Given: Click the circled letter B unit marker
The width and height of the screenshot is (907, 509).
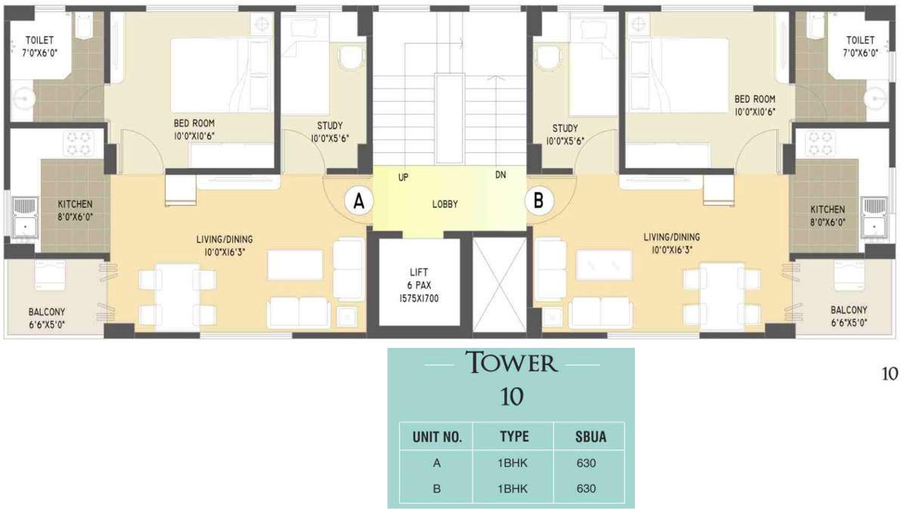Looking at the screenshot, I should point(540,202).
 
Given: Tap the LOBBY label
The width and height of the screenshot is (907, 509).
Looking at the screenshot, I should point(445,204).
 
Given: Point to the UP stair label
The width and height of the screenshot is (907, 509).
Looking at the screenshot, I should point(404,177).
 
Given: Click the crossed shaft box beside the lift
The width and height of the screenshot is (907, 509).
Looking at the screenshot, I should point(498,281).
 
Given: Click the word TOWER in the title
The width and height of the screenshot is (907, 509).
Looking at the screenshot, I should point(511,363).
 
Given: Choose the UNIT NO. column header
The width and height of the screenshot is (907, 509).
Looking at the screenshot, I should point(437,436).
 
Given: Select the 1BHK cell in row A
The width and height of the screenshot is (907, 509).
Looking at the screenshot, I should point(514,463).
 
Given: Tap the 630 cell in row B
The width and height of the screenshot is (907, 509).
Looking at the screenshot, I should point(587,489).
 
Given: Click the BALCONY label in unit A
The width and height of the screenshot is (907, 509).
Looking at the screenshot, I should point(46,311).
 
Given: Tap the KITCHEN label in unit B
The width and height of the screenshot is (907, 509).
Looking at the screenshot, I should point(828,209).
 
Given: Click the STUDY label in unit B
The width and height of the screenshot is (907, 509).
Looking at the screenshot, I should point(565,127).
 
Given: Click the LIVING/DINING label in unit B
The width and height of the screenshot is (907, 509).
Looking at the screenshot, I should point(671,236).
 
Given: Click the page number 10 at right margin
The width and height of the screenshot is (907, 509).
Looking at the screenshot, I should point(889,373).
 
